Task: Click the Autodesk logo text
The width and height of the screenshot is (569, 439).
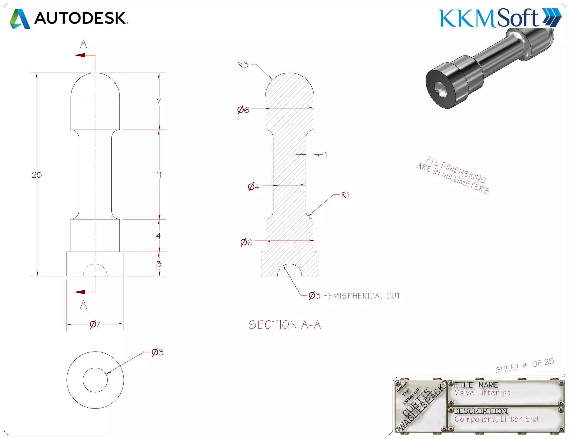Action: (x=81, y=18)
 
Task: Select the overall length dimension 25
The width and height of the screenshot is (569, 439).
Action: (x=37, y=175)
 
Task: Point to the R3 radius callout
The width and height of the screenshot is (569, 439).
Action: (x=243, y=65)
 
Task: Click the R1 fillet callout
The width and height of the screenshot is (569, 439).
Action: (x=345, y=195)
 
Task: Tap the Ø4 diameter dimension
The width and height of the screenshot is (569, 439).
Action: (x=254, y=187)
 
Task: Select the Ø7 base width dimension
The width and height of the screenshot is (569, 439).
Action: (x=95, y=324)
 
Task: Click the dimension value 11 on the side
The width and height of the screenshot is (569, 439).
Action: (x=159, y=175)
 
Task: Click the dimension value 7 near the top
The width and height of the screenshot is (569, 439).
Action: (x=159, y=102)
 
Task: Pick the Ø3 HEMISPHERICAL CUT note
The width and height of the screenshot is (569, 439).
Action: (x=355, y=296)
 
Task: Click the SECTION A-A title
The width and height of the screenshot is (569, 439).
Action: (x=285, y=325)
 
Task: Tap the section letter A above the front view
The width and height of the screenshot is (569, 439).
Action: (x=83, y=44)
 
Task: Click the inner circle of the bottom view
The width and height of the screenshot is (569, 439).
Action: (x=95, y=380)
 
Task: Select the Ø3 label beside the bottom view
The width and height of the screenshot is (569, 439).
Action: (x=158, y=352)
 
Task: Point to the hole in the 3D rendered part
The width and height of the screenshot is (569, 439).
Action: (x=441, y=90)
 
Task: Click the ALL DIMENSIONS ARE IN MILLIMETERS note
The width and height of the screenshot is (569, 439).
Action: (x=453, y=175)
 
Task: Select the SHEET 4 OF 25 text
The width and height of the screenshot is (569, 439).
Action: (x=525, y=366)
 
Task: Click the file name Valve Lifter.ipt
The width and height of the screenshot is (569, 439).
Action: (x=482, y=393)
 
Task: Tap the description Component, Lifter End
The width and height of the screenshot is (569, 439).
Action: (x=496, y=419)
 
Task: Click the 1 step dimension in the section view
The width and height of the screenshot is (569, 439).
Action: (x=326, y=155)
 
